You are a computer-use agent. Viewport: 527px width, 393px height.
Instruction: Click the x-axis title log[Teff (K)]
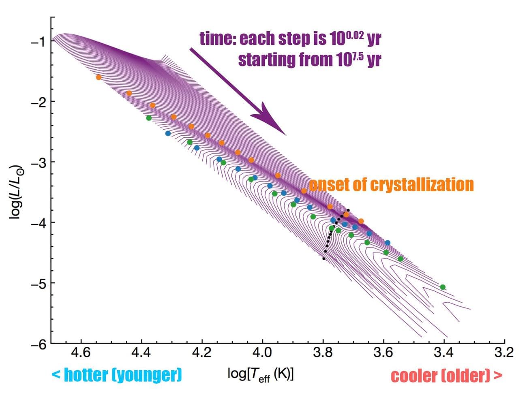pyautogui.click(x=261, y=374)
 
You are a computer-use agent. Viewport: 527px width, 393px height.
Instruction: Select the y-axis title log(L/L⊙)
pyautogui.click(x=16, y=192)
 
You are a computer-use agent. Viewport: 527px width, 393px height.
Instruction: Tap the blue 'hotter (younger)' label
pyautogui.click(x=117, y=375)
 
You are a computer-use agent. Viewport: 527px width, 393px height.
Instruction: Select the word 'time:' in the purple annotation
pyautogui.click(x=218, y=39)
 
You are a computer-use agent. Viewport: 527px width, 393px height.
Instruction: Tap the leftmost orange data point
pyautogui.click(x=99, y=77)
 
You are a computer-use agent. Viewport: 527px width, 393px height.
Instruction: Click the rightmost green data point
pyautogui.click(x=443, y=287)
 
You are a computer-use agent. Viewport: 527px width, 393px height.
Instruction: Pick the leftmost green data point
pyautogui.click(x=149, y=118)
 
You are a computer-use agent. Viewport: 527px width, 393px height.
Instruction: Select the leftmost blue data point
pyautogui.click(x=168, y=133)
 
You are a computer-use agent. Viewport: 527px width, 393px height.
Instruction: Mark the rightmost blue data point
pyautogui.click(x=387, y=243)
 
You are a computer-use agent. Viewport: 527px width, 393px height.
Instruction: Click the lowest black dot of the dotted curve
pyautogui.click(x=323, y=258)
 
